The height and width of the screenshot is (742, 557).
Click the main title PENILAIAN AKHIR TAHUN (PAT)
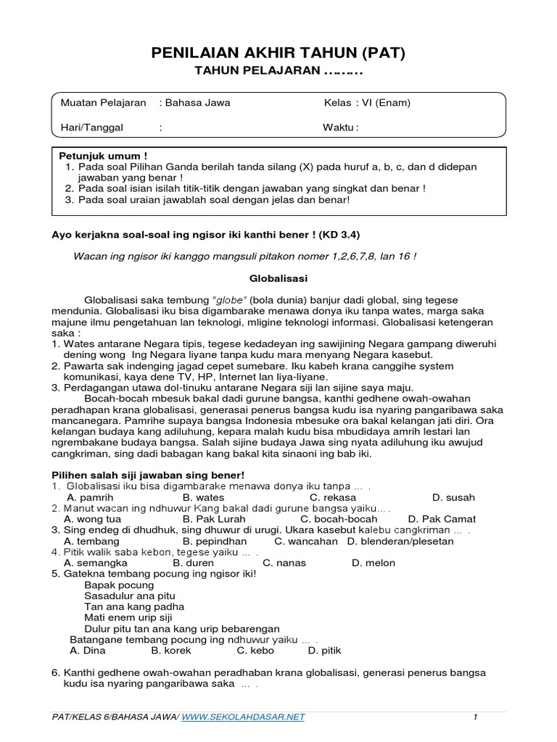278,53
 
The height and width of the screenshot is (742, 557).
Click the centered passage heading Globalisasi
278,278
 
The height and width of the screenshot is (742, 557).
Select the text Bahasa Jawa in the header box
197,103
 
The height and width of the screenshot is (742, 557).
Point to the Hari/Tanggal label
92,128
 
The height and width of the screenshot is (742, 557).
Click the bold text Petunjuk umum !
102,156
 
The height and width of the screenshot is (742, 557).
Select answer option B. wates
203,498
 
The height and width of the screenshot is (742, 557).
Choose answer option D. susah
453,498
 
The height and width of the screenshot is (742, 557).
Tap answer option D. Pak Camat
442,519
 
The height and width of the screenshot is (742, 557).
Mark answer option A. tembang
91,541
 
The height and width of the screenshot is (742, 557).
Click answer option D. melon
374,562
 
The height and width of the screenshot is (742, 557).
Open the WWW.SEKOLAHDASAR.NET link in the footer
243,717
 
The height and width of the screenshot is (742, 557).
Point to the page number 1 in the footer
475,717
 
